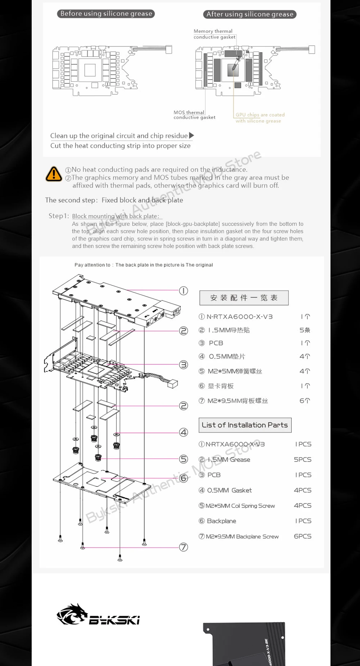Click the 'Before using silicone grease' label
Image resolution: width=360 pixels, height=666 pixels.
[106, 14]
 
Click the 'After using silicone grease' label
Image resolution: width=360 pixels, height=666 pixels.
[249, 14]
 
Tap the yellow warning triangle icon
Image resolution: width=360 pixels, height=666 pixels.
[54, 174]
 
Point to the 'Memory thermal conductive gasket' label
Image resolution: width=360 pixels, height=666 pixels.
[214, 34]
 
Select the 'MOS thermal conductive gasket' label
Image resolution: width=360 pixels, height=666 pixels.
[194, 115]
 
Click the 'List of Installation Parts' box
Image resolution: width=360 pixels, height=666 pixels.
[245, 425]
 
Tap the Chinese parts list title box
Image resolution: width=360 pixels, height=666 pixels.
[244, 298]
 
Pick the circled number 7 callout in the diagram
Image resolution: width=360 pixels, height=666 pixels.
[184, 547]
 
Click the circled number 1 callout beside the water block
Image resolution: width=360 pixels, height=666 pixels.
[184, 291]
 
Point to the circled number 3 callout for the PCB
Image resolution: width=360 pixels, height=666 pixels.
[184, 365]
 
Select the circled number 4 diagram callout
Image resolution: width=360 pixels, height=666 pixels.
[184, 432]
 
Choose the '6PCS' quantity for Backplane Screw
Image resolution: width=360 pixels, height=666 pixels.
[302, 536]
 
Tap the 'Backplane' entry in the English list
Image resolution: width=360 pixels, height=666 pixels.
[221, 521]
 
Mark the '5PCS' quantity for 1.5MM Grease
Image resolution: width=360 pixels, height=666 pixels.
[302, 459]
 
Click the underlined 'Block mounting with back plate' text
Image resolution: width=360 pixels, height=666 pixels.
[115, 216]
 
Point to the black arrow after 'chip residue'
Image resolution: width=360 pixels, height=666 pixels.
[192, 135]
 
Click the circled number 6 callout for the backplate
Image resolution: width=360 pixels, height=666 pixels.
[184, 478]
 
